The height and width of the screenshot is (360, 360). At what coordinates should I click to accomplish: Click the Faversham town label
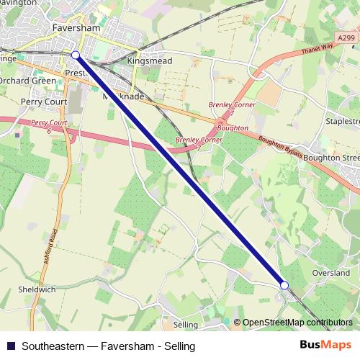pos(76,28)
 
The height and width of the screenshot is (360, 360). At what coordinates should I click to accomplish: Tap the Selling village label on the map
pos(185,325)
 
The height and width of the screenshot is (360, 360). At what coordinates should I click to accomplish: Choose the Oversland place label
pos(330,273)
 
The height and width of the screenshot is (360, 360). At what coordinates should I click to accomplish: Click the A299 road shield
pos(346,37)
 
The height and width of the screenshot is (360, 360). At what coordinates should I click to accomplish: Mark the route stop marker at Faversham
pos(76,54)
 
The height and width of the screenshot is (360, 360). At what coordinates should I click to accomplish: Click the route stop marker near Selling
pos(284,286)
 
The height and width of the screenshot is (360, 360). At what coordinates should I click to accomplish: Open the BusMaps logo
pos(325,345)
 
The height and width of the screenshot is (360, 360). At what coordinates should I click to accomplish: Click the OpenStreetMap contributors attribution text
pos(297,322)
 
